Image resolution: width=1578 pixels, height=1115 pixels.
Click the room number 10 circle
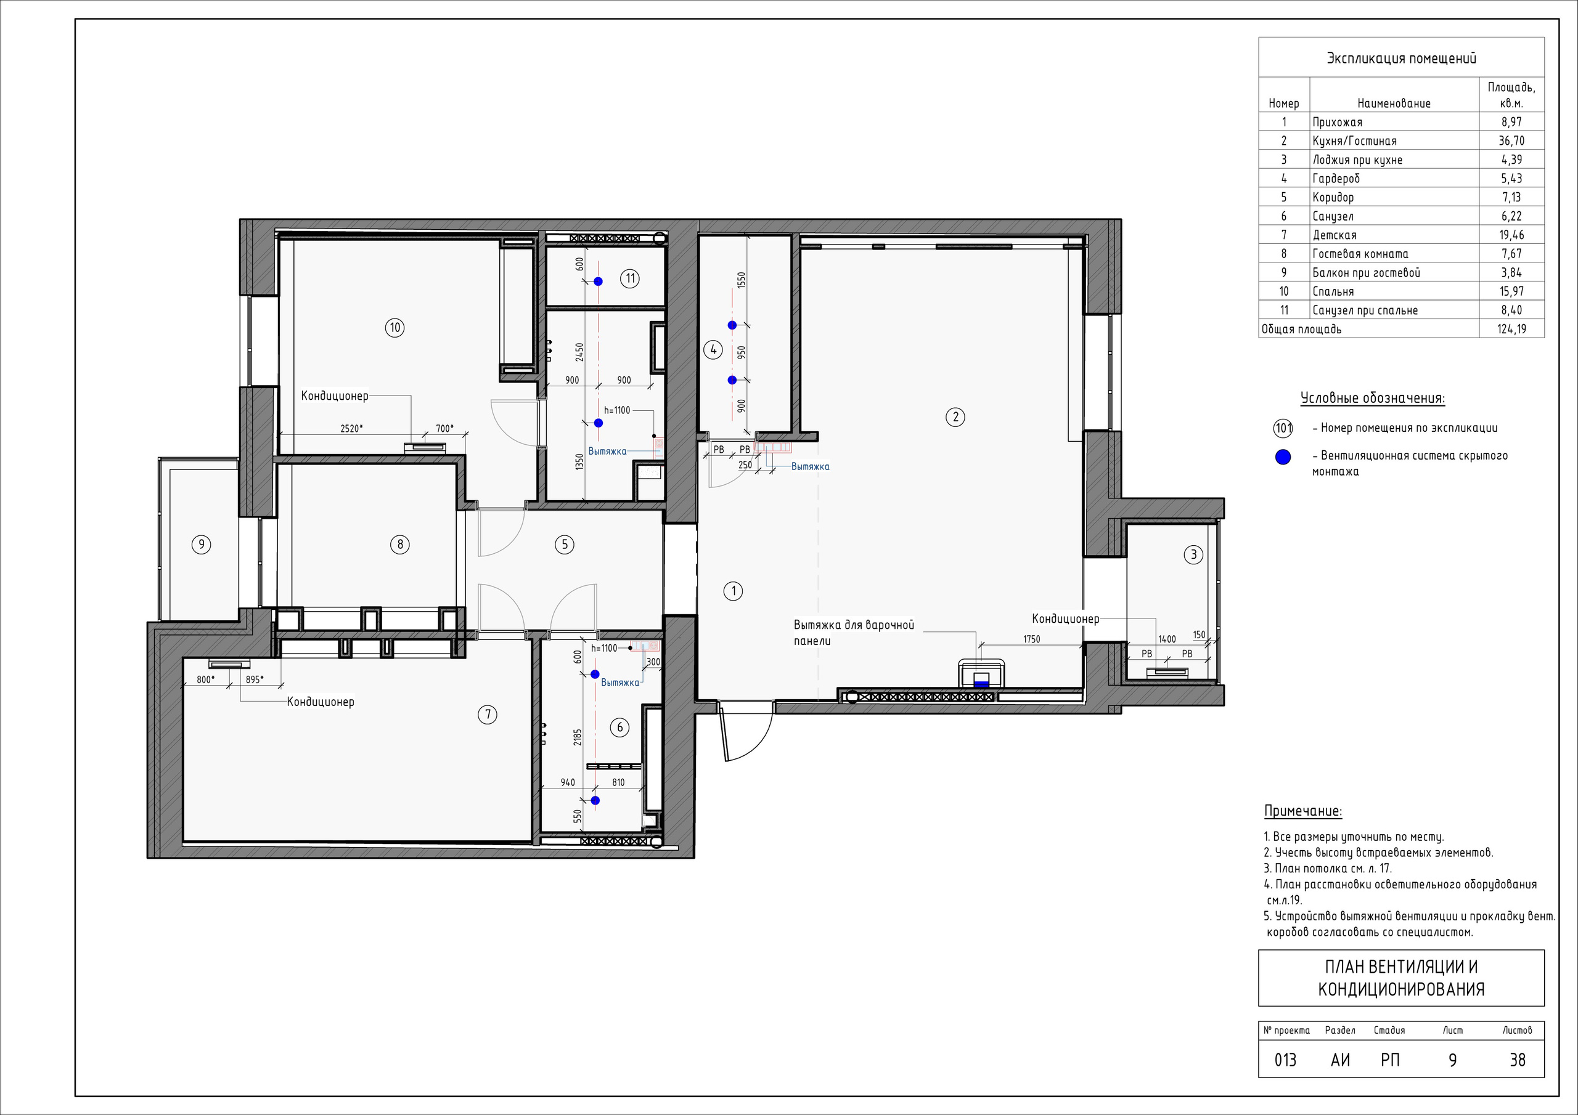pos(394,328)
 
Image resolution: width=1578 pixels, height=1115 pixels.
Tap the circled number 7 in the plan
pos(488,715)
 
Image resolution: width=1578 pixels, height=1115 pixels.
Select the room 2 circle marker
pos(955,417)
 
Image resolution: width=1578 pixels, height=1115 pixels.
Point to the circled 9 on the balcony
pos(201,545)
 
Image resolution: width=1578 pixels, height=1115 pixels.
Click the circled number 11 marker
pos(630,278)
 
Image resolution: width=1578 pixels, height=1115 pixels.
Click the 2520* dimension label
pos(351,429)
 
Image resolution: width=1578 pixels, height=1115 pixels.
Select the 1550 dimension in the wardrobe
pos(741,280)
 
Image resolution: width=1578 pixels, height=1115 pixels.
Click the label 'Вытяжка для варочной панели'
pos(854,633)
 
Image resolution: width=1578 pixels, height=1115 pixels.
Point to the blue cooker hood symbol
pos(981,684)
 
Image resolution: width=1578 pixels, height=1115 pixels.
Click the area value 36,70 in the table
pos(1511,141)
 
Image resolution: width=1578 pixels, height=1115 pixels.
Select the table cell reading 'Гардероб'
pos(1336,179)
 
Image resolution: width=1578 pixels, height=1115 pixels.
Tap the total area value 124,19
pos(1511,329)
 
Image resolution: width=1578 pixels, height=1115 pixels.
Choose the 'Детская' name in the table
pos(1334,235)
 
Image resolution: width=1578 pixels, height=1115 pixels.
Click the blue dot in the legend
pos(1283,458)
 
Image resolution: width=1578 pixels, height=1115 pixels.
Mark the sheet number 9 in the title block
pos(1452,1060)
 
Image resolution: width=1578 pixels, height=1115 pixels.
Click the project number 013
pos(1285,1060)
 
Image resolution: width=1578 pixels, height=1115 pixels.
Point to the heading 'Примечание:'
pos(1303,811)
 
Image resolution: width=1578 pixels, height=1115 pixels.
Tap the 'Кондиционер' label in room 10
pos(335,396)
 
